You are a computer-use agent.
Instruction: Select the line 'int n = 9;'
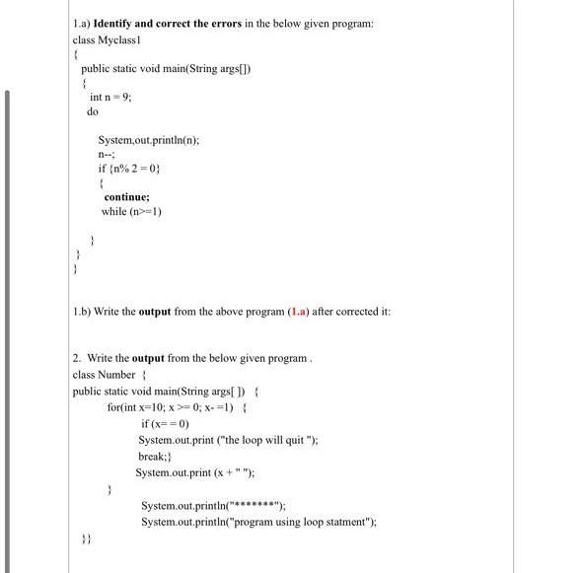point(110,97)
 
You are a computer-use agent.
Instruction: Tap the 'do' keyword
point(92,112)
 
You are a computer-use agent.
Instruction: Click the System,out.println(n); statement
point(148,140)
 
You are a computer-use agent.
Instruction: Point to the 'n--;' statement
point(106,155)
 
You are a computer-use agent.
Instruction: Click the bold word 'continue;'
point(126,197)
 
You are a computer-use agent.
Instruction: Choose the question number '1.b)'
point(83,312)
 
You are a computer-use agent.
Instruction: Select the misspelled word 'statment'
point(348,522)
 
